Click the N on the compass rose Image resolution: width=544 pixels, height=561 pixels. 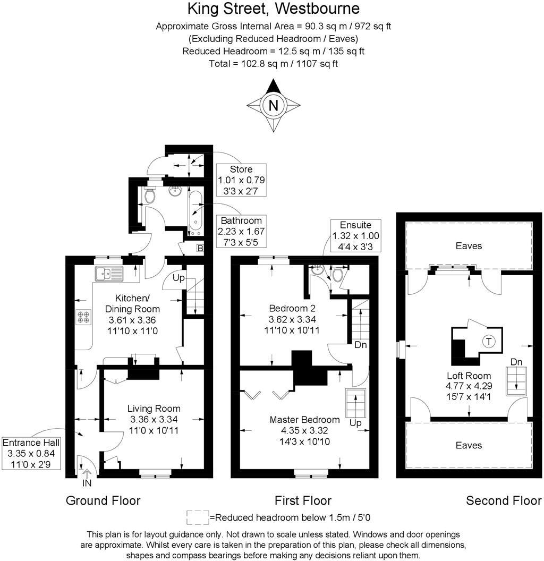tap(273, 105)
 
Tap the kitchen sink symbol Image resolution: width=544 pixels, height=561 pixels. tap(108, 274)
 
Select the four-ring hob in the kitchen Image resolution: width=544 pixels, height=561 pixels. tap(83, 317)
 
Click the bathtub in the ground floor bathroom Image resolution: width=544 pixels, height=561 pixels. tap(195, 211)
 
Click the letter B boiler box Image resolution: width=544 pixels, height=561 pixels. tap(200, 248)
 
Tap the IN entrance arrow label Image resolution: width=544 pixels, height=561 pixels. tap(87, 484)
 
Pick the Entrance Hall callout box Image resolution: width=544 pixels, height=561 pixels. tap(31, 453)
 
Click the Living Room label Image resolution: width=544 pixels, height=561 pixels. tap(154, 409)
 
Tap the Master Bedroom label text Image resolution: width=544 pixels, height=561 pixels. tap(304, 419)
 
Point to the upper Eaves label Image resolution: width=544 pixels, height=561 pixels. tap(469, 245)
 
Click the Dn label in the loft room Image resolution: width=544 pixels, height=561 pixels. tap(516, 362)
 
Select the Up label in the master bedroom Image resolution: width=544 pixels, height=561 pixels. tap(355, 423)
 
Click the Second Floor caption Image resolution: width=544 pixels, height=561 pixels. tap(504, 500)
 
